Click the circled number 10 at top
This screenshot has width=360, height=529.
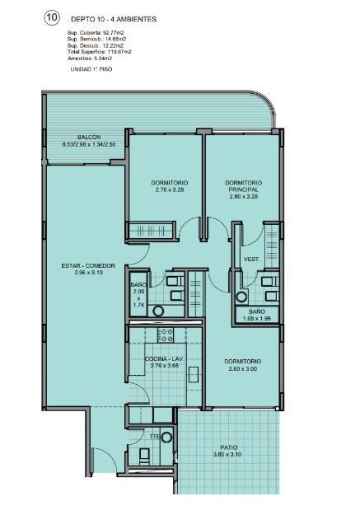(52, 18)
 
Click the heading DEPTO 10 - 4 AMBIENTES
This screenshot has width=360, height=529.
(114, 20)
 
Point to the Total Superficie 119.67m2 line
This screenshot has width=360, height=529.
(99, 52)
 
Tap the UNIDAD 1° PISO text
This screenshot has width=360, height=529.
(91, 69)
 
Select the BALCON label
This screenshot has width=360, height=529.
(89, 138)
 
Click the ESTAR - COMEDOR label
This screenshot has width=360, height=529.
(88, 266)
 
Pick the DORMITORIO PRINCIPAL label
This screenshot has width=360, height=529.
(244, 186)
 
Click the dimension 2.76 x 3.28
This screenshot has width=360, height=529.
(170, 190)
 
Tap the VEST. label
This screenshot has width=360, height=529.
(252, 260)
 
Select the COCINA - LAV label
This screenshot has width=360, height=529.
(164, 359)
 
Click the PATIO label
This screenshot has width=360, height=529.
(229, 447)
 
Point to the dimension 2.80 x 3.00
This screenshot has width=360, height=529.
(242, 369)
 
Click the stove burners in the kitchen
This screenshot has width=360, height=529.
(166, 335)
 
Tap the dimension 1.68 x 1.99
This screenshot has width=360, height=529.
(257, 318)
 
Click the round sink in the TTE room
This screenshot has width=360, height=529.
(166, 438)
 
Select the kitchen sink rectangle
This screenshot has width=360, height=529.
(194, 374)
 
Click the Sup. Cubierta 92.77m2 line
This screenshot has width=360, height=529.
(96, 33)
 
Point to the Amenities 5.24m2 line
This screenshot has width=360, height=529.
(90, 59)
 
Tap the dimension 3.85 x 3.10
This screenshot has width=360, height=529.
(227, 455)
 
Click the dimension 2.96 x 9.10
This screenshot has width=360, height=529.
(88, 273)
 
